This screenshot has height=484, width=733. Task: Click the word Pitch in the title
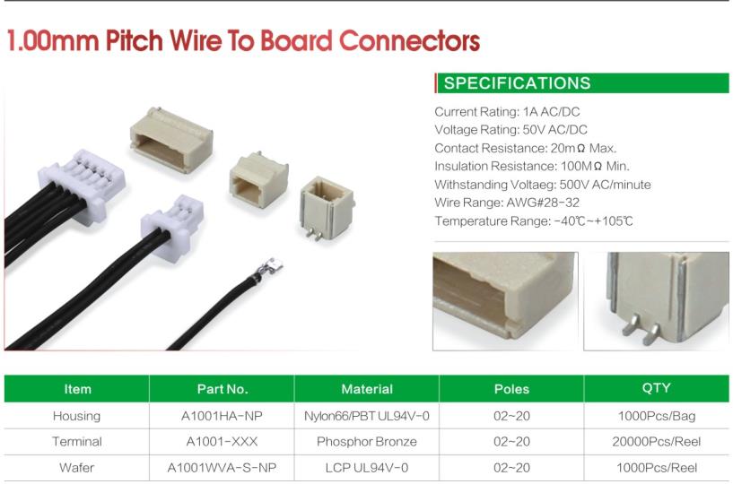[134, 40]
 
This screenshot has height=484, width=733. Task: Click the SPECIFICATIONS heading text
[517, 83]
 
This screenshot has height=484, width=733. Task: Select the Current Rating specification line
[507, 112]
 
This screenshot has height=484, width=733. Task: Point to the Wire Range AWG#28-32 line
[507, 203]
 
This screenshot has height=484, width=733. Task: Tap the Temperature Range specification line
[534, 221]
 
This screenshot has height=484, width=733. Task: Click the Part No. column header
[222, 389]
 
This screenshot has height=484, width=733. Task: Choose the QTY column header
[657, 388]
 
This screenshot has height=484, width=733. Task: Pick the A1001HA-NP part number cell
[222, 416]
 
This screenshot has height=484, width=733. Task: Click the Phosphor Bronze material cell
[366, 442]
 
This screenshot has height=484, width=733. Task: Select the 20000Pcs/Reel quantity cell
[657, 442]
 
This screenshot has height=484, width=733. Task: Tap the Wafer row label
[76, 468]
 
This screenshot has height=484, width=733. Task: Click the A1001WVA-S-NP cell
[222, 468]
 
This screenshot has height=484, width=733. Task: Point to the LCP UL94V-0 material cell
[366, 468]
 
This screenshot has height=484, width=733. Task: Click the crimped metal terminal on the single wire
[268, 268]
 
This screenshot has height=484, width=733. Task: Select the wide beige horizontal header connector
[171, 140]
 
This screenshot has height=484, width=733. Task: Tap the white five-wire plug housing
[83, 185]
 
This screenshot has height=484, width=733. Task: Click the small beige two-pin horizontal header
[258, 180]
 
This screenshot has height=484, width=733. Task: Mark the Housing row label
[76, 416]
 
